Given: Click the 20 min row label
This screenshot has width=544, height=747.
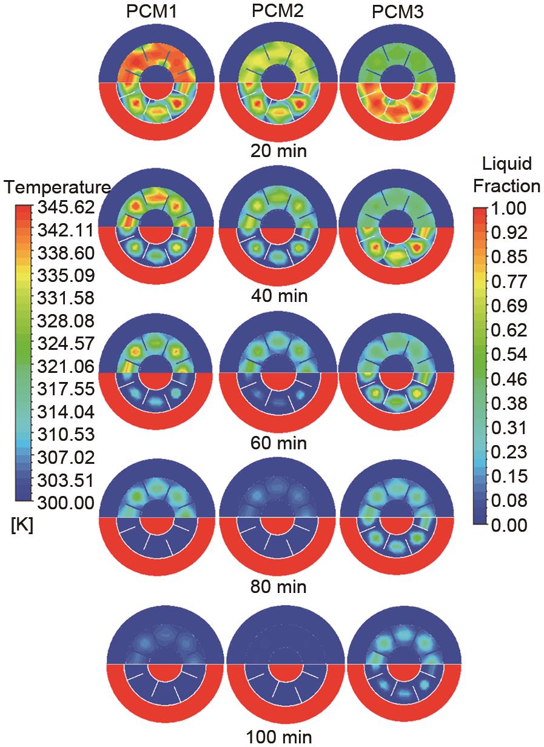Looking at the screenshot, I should click(278, 150).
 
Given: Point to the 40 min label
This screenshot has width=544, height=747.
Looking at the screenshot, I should click(278, 296).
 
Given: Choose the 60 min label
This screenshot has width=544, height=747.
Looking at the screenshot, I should click(278, 443).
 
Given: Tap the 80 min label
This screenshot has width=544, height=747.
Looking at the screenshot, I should click(278, 587).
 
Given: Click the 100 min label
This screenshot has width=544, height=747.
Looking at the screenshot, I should click(279, 737).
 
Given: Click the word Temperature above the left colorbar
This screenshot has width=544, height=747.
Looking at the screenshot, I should click(57, 187).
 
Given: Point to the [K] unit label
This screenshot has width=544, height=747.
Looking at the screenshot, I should click(22, 526).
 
